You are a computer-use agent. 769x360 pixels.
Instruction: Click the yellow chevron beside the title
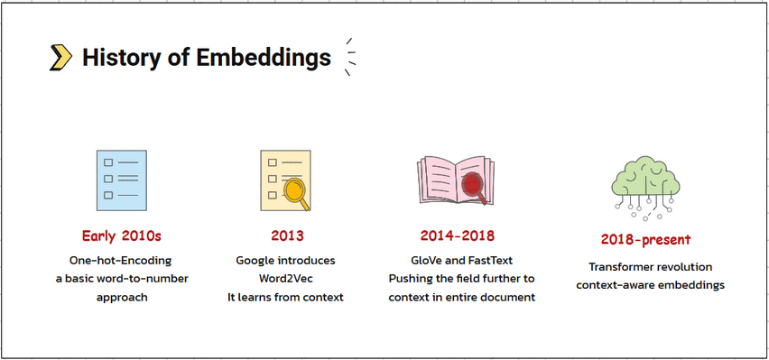pos(60,58)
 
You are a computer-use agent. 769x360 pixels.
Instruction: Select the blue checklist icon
pos(121,180)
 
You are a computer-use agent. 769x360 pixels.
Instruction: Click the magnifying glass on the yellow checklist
pos(295,191)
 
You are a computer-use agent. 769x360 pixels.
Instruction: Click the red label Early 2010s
pos(121,236)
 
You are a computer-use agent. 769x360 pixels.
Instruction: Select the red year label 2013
pos(287,236)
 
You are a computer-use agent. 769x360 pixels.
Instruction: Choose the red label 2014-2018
pos(458,236)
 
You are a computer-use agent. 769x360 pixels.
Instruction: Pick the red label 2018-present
pos(645,240)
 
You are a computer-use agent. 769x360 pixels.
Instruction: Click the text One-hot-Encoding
pos(121,260)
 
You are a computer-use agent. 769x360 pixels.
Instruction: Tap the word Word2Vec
pos(285,279)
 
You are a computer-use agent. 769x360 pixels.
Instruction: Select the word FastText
pos(489,260)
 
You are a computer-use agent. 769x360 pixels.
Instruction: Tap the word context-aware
pos(615,285)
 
